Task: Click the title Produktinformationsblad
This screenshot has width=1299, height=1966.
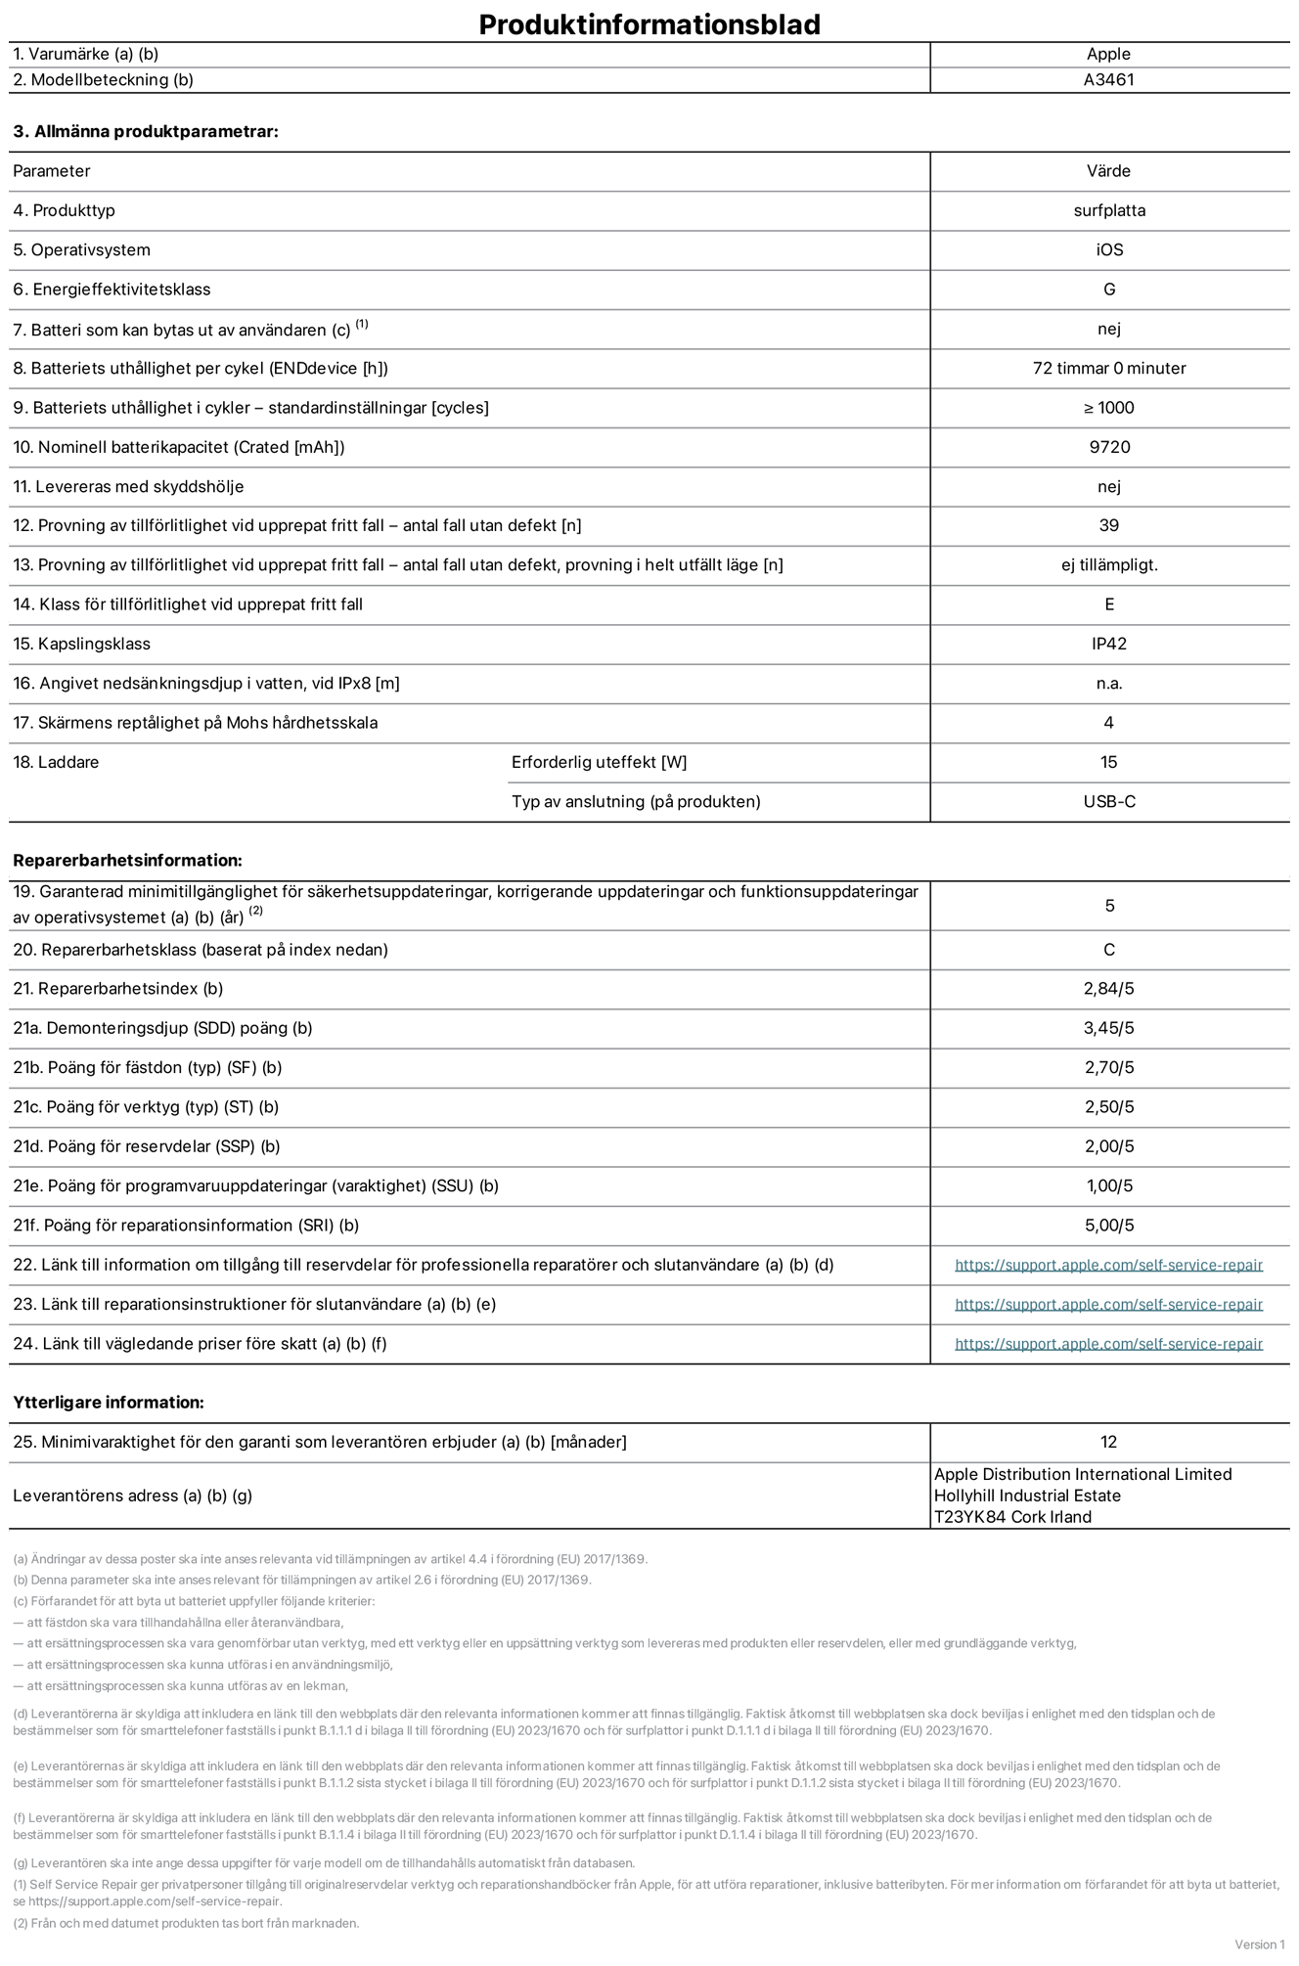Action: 649,24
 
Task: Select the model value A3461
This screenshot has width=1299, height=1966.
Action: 1108,80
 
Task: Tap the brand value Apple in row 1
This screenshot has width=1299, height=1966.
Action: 1108,55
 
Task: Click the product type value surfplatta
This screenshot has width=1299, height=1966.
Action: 1108,210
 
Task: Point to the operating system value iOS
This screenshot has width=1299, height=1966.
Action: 1108,250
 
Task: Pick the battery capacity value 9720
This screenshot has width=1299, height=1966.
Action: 1108,447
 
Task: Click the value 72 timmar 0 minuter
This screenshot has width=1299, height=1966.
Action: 1108,369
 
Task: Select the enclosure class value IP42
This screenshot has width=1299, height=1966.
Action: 1108,644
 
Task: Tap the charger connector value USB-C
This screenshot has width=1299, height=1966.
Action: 1108,802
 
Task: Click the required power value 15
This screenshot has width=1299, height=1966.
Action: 1108,762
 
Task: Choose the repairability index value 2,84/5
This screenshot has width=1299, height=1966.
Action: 1108,989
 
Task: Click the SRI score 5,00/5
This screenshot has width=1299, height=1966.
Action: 1108,1226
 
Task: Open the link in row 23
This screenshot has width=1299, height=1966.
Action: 1108,1305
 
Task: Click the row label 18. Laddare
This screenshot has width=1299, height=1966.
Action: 56,762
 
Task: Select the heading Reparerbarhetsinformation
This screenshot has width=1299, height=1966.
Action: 127,861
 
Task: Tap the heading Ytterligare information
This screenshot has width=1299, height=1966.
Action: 109,1403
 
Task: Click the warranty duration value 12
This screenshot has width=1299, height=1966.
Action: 1108,1442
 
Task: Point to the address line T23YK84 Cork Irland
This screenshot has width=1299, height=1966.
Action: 1012,1517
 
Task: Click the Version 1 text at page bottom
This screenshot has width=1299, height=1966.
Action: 1259,1944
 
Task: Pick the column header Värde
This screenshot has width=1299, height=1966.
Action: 1108,171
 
